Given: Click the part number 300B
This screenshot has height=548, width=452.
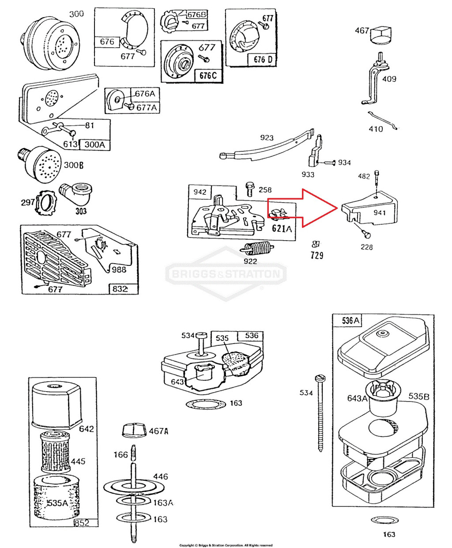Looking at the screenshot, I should pos(73,165).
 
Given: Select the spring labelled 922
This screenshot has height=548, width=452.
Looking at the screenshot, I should pos(256,249).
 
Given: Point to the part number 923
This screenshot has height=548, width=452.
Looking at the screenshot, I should pos(267,138).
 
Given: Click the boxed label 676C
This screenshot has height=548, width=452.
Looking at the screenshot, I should pos(208,76).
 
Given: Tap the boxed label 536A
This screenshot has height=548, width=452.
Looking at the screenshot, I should pos(351,321).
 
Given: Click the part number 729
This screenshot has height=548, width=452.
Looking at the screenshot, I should pos(316,255).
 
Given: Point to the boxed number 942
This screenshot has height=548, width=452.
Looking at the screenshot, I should pos(200,192).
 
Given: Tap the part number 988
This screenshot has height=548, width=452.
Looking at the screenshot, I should pos(118,269).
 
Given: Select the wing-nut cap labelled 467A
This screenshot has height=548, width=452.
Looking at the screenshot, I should pos(133,429).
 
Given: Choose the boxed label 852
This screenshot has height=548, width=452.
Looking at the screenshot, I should pos(82,522).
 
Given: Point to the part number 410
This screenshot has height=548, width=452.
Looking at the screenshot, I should pos(376,129).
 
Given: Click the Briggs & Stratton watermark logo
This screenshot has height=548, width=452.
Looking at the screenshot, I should pos(226,274).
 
